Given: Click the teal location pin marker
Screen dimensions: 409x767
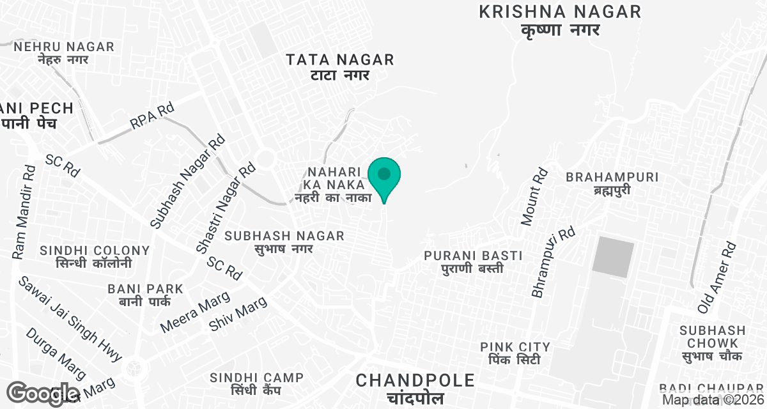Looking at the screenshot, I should pos(384,176).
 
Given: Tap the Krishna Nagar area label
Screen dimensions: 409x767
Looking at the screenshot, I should pos(559,20).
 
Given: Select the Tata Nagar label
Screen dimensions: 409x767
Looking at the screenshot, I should pos(339,67).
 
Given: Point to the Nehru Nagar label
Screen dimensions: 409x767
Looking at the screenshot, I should pos(64,53).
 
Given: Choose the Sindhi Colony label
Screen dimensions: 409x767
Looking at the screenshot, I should pos(95,257).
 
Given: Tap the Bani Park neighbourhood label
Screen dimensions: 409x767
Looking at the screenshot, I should pos(146,295).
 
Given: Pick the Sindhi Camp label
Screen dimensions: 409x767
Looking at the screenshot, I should pos(256,384).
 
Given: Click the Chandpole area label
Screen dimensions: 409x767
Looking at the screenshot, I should pos(415,388).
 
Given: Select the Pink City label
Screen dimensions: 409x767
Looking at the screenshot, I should pos(515,353).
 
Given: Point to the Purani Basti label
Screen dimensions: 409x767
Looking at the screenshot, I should pos(473,262).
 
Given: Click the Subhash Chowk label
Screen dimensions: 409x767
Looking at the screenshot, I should pos(712,343).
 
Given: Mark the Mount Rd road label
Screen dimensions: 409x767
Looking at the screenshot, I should pos(535,196).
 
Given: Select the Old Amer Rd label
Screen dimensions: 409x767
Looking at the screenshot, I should pos(718,277).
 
